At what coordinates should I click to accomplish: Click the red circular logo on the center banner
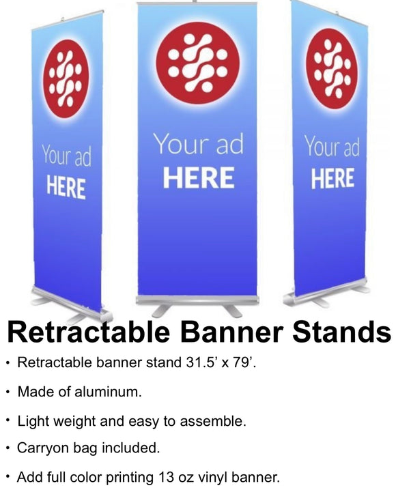point(198,63)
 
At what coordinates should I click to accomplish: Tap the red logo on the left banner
point(66,78)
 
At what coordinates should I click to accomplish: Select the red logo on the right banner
point(332,69)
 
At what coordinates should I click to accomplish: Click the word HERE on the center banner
point(199,177)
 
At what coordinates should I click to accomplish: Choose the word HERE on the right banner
point(333,178)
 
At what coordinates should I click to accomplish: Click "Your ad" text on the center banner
point(199,144)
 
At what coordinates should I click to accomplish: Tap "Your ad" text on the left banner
point(67,155)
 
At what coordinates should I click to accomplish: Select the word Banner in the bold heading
point(231,332)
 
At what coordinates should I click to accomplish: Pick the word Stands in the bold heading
point(341,332)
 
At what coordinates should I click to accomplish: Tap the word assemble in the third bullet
point(213,421)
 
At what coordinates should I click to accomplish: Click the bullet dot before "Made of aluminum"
point(9,392)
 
